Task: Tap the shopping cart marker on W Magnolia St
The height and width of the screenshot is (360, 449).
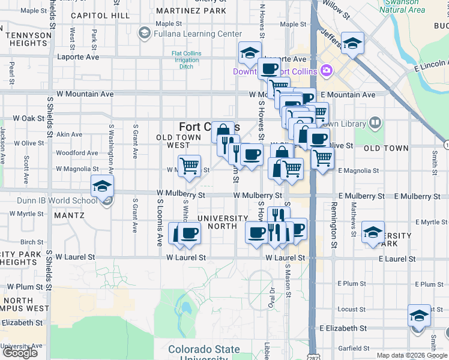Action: [190, 165]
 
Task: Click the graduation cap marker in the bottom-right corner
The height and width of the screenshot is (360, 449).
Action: [419, 315]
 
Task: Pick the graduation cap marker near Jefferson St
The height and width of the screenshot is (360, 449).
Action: [352, 43]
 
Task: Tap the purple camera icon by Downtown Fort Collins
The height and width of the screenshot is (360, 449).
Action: [327, 71]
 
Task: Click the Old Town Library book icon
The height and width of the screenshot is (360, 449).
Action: [375, 124]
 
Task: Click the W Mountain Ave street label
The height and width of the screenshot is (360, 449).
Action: [85, 94]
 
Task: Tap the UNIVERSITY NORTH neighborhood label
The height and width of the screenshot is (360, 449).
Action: [223, 222]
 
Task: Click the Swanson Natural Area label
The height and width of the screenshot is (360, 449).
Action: [402, 6]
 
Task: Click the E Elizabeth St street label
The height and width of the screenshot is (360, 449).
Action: [343, 328]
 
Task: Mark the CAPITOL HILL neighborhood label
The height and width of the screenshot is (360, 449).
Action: [100, 16]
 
